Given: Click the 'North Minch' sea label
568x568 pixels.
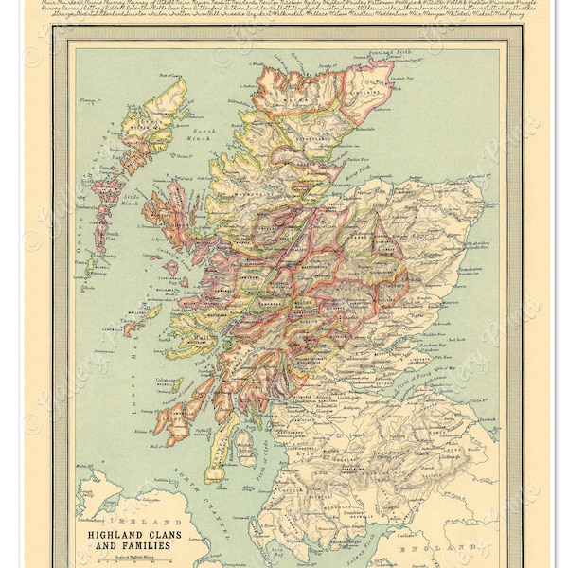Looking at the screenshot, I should (200, 135).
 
